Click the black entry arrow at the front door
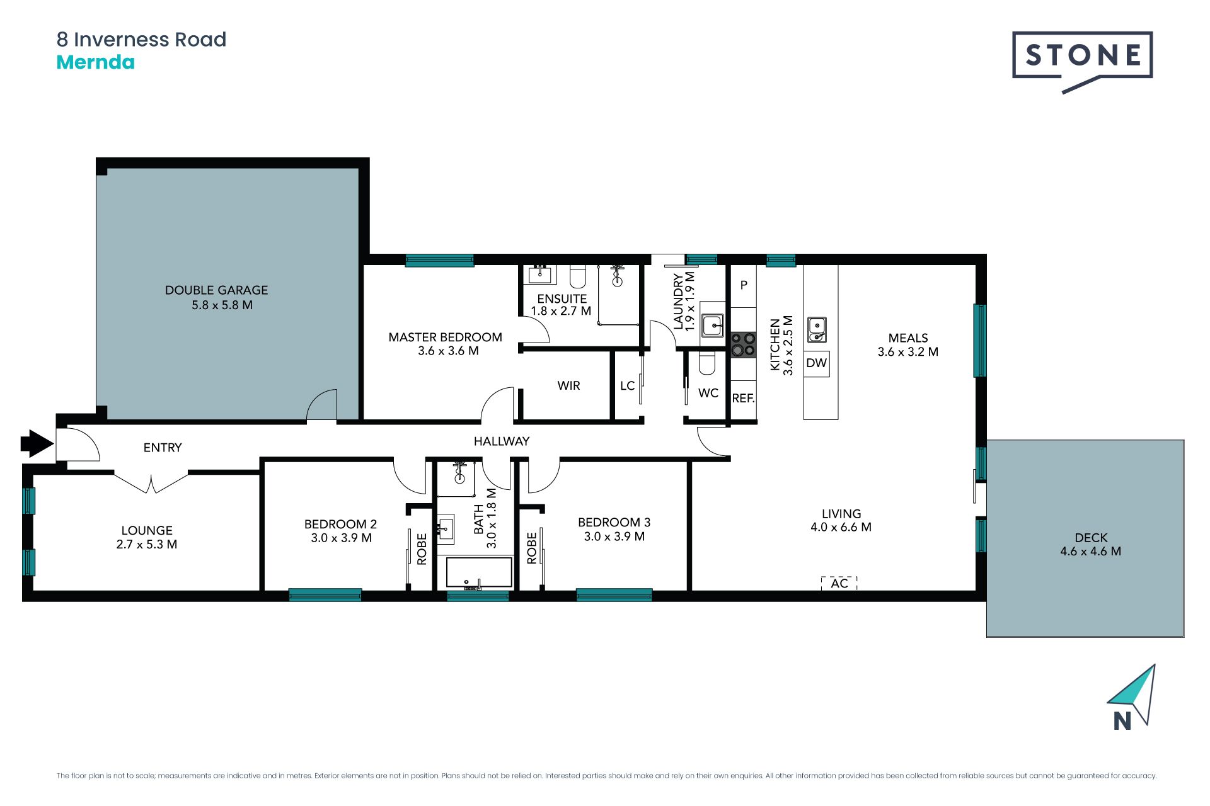click(x=37, y=443)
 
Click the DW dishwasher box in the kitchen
click(x=817, y=363)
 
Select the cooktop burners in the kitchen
click(x=744, y=344)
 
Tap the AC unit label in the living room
click(x=839, y=583)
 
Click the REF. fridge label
click(x=744, y=399)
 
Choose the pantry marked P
click(x=744, y=285)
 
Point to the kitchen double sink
click(x=817, y=329)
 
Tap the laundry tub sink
click(x=713, y=325)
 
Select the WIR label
click(x=568, y=386)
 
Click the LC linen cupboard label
click(x=627, y=386)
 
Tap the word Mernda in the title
click(x=96, y=62)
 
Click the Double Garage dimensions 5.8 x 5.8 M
click(x=222, y=305)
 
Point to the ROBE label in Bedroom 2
click(x=422, y=548)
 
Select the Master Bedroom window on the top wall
click(x=439, y=260)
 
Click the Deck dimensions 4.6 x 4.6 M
click(x=1091, y=552)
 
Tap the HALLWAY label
click(x=502, y=441)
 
